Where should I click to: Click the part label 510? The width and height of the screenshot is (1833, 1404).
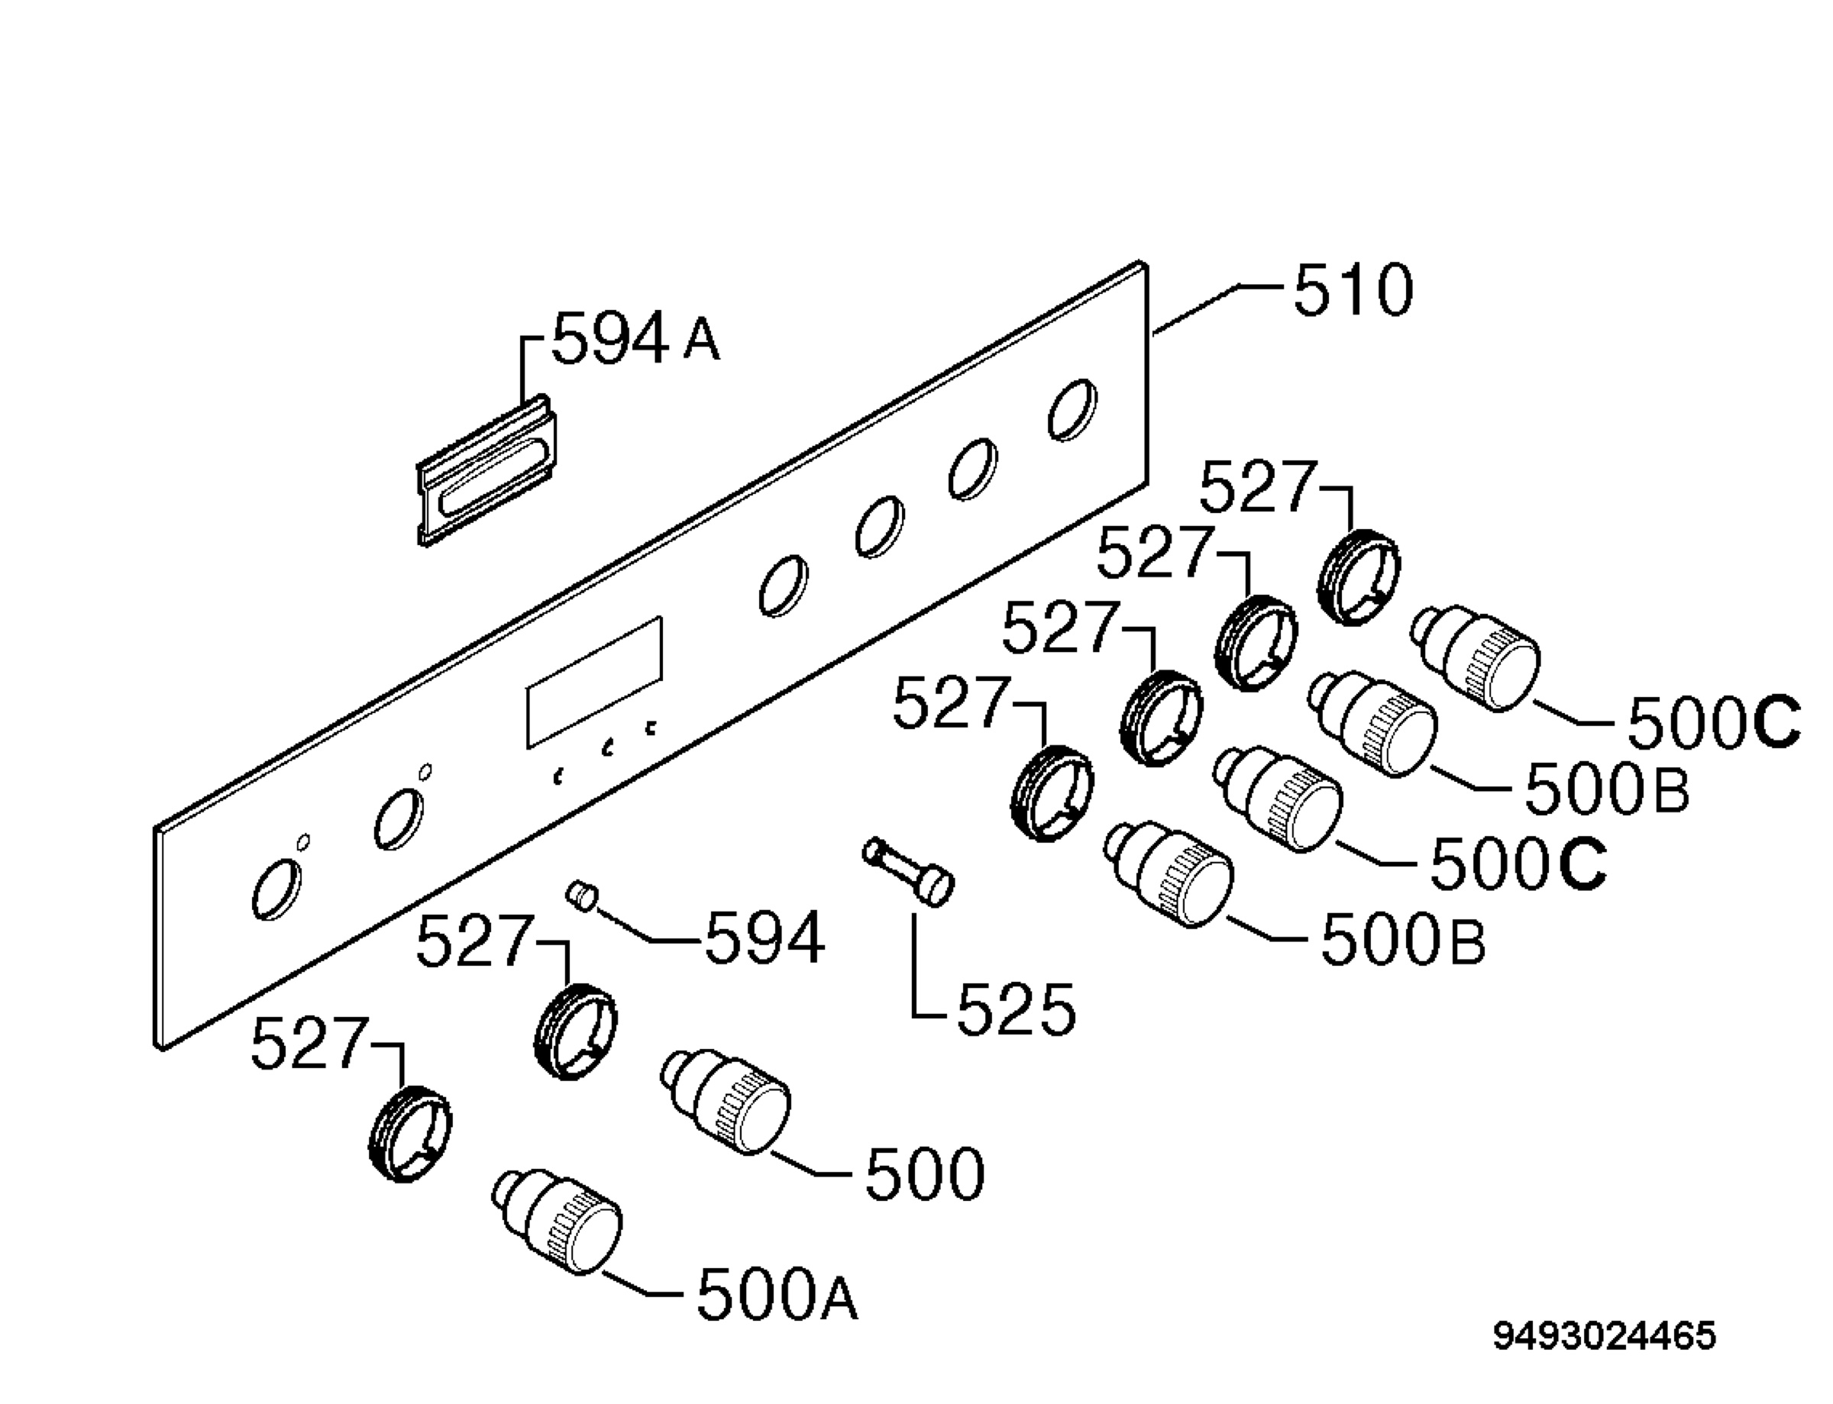coord(1353,290)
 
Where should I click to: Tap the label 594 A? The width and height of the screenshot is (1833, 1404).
coord(635,338)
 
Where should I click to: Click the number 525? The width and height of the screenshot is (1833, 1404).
coord(1016,1009)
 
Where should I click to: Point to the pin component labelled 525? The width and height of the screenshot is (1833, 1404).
coord(909,871)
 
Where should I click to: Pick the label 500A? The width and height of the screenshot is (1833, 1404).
coord(777,1295)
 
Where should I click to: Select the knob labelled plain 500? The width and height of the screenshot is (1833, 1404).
coord(726,1102)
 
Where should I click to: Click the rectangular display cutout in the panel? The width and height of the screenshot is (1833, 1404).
coord(594,683)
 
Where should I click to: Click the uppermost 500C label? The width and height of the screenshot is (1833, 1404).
coord(1714,723)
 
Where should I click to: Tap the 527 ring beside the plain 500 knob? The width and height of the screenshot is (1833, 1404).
coord(576,1031)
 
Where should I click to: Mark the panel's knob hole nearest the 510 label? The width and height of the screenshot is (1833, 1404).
coord(1072,409)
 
